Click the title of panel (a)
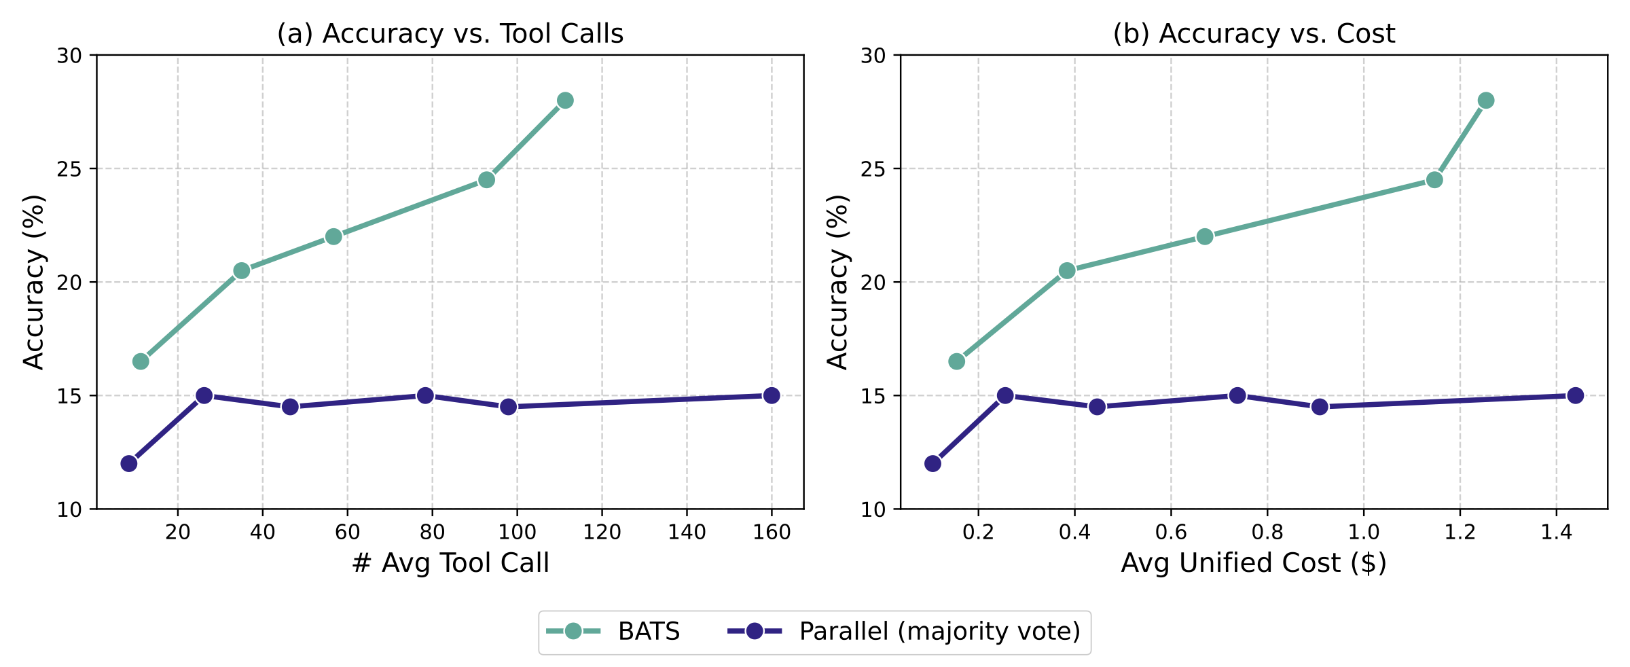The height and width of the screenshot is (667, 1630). tap(450, 33)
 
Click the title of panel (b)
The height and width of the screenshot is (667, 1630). tap(1253, 33)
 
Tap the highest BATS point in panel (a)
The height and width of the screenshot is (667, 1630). tap(565, 101)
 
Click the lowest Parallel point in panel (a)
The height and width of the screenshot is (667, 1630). tap(129, 464)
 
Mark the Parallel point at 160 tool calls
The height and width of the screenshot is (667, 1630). tap(772, 395)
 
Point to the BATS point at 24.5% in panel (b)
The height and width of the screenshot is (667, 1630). tap(1434, 180)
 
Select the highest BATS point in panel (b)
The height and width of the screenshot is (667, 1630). tap(1486, 101)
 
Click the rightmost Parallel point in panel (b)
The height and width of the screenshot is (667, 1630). tap(1576, 395)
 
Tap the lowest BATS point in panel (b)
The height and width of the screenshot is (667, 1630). tap(956, 361)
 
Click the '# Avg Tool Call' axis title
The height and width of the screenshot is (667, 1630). tap(450, 563)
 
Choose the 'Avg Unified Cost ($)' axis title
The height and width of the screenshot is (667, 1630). tap(1253, 563)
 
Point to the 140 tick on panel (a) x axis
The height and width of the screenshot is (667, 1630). tap(687, 532)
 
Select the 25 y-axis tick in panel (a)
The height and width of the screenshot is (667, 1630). tap(70, 168)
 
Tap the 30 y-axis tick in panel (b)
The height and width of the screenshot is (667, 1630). tap(874, 55)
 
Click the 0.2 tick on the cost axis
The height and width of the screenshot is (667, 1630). tap(978, 532)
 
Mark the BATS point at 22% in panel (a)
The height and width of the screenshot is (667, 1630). tap(333, 236)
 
